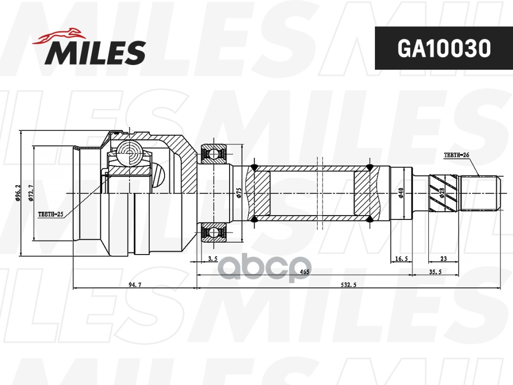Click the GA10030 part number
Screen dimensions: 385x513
coord(443,48)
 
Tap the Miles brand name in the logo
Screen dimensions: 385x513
coord(95,52)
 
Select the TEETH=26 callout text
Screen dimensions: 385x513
coord(456,155)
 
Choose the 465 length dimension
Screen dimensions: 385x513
coord(304,272)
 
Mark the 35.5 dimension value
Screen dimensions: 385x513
coord(435,272)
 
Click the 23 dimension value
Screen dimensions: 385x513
coord(443,259)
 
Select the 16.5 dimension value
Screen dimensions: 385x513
coord(401,259)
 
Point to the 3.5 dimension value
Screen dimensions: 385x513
coord(213,259)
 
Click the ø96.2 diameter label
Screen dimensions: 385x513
coord(18,193)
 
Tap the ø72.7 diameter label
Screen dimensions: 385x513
coord(30,193)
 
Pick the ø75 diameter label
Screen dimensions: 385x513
coord(239,193)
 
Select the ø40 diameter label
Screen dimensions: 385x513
coord(400,193)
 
